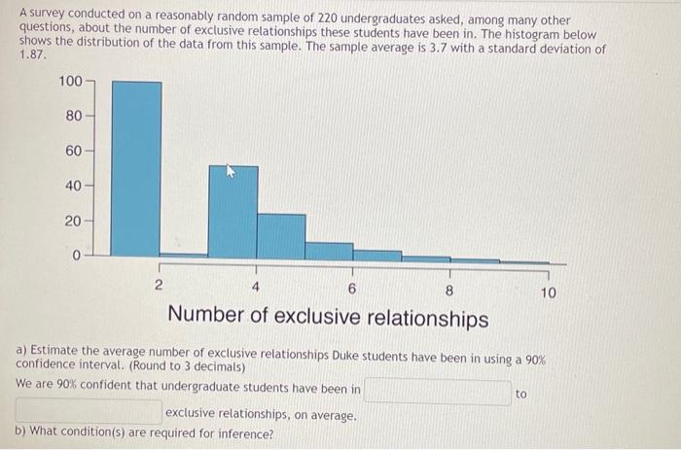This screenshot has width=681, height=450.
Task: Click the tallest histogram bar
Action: [x=136, y=167]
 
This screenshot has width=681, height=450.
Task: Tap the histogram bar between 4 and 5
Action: [x=281, y=235]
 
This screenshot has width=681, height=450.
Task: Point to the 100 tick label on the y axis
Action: [x=70, y=81]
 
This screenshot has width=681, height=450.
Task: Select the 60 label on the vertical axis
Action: [x=74, y=152]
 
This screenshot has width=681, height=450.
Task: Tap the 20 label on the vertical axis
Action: [x=74, y=222]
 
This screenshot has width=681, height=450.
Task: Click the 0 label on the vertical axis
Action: [x=78, y=257]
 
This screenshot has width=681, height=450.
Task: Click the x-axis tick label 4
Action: [x=256, y=288]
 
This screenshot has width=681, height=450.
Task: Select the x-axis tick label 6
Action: [x=352, y=290]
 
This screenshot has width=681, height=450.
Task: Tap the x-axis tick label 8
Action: [x=449, y=291]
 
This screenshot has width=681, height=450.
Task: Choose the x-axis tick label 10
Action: [x=548, y=293]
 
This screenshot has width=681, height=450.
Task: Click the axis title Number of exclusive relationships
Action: [x=328, y=318]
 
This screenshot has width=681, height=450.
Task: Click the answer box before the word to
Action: [x=437, y=391]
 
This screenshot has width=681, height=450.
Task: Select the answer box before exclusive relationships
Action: [x=89, y=412]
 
